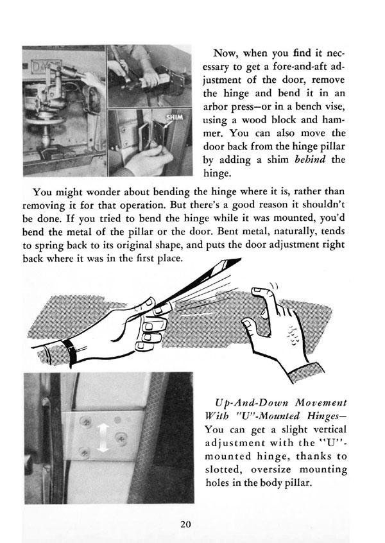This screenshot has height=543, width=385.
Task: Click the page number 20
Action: pyautogui.click(x=186, y=524)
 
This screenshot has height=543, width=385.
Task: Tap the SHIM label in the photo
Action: pyautogui.click(x=175, y=119)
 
